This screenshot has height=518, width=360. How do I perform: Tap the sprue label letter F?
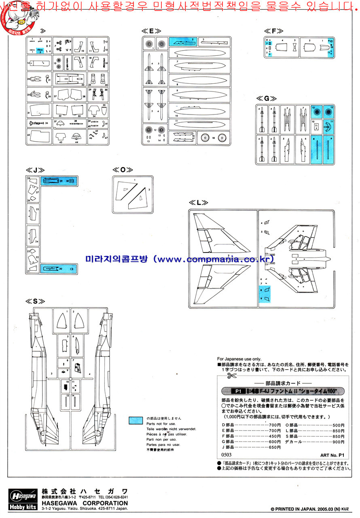pos(273,31)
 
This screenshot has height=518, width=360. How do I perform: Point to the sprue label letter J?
pos(35,170)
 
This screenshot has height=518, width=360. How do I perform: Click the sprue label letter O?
pos(123,170)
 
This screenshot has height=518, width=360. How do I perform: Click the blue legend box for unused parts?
pos(136,420)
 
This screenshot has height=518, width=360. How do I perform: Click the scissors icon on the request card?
pos(231,376)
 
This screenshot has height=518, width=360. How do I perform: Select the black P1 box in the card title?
pos(238,391)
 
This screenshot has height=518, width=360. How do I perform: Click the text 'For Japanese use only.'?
pos(239,359)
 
